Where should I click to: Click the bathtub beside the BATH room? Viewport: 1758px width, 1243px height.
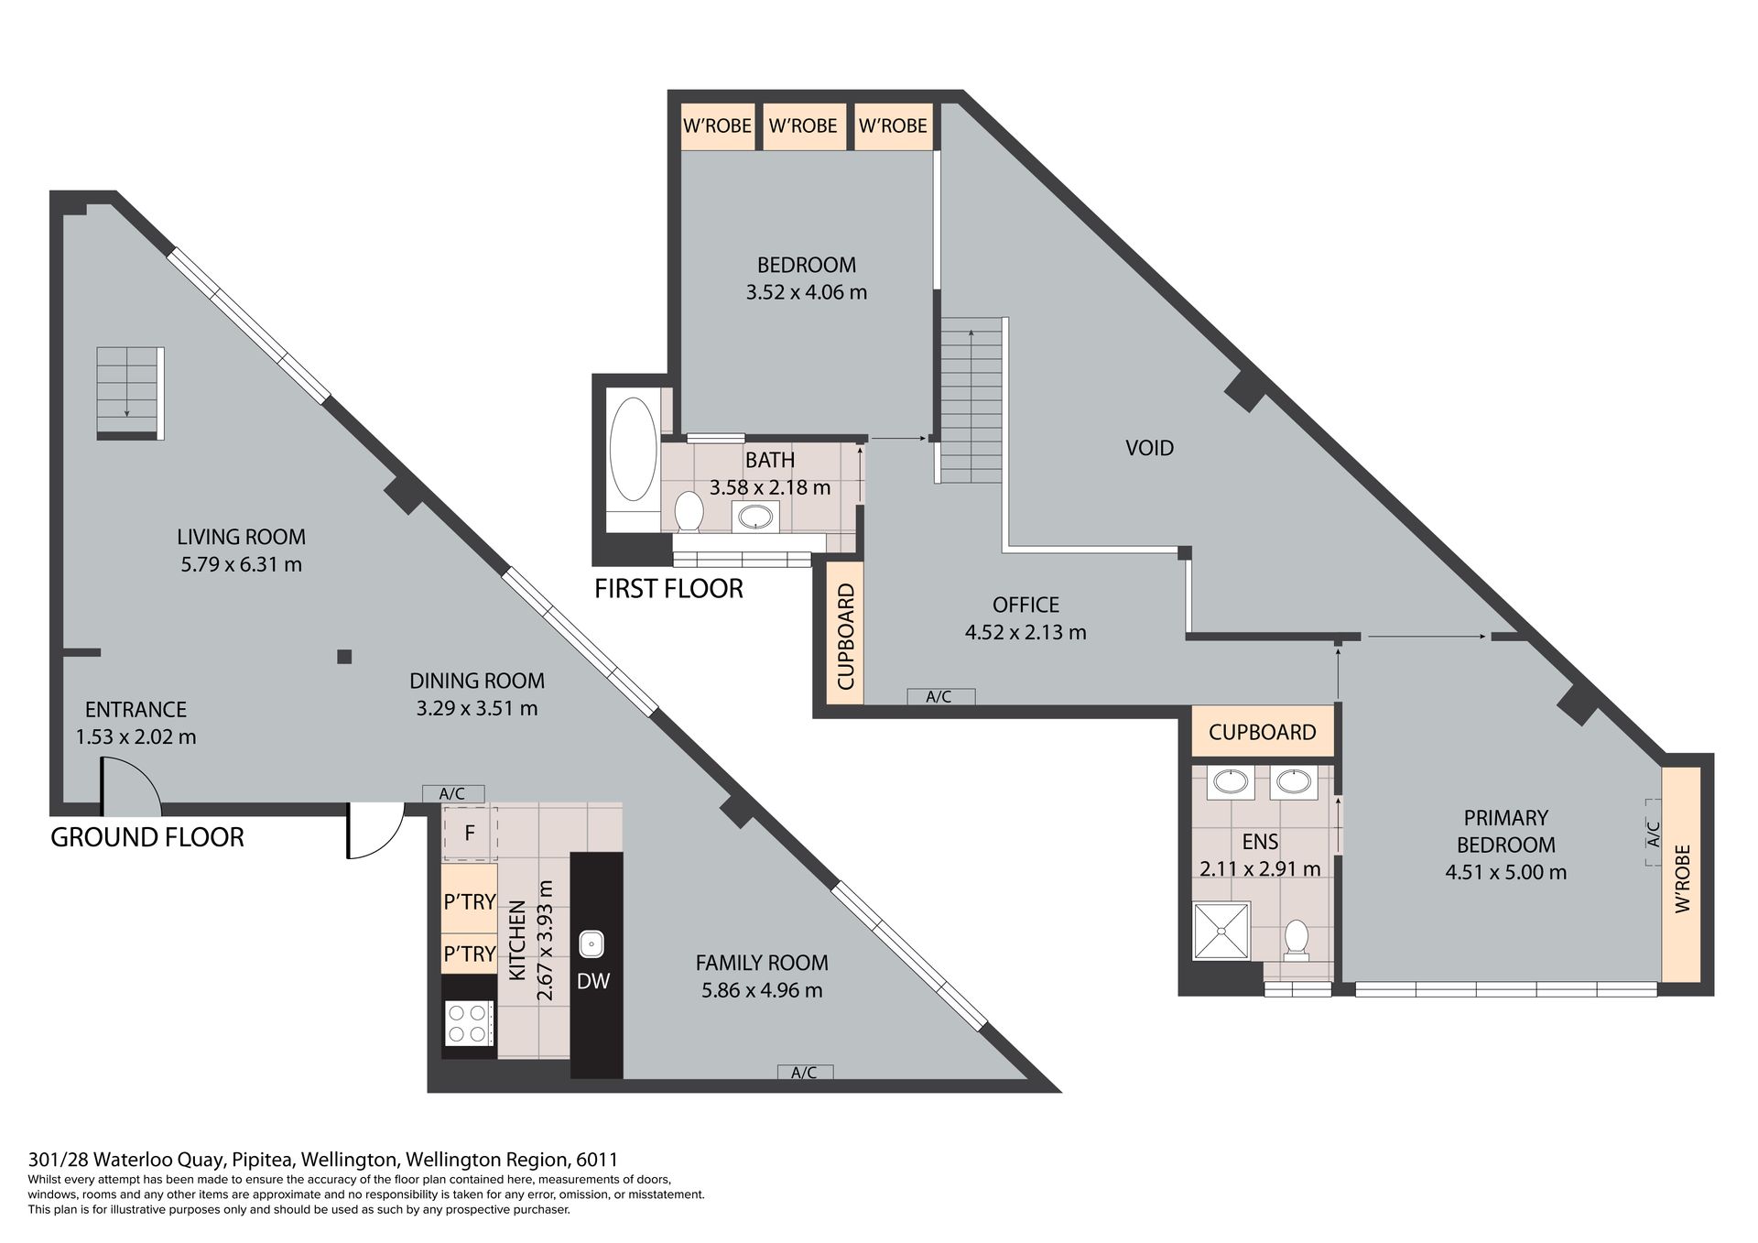pos(633,449)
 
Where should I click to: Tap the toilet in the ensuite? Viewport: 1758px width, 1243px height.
pos(1297,942)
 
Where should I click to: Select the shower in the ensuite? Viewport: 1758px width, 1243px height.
pos(1221,932)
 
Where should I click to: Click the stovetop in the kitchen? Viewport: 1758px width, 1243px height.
pos(469,1023)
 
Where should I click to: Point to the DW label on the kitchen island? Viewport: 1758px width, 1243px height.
pos(593,981)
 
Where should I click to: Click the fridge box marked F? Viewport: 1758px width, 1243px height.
pos(470,834)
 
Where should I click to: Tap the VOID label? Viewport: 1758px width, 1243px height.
pos(1149,448)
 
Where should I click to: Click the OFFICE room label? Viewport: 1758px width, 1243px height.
pos(1025,605)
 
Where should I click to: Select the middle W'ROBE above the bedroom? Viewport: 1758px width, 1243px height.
pos(803,126)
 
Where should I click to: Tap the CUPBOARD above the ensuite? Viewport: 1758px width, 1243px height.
pos(1263,732)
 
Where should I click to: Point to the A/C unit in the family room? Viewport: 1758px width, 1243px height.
pos(805,1073)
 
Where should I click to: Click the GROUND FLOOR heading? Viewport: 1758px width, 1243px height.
pos(147,837)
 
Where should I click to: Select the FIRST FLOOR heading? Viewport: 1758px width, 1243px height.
pos(668,589)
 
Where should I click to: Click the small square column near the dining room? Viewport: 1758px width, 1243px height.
pos(344,656)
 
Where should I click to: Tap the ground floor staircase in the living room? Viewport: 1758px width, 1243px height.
pos(130,392)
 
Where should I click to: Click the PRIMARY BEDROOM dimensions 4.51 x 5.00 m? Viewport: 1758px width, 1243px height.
pos(1505,872)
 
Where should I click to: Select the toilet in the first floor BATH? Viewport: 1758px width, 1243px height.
pos(689,511)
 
